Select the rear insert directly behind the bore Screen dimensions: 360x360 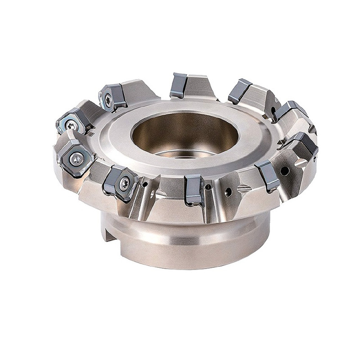click(x=178, y=85)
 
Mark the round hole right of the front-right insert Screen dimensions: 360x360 click(x=284, y=171)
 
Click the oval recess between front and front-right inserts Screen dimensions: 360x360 click(x=243, y=189)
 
